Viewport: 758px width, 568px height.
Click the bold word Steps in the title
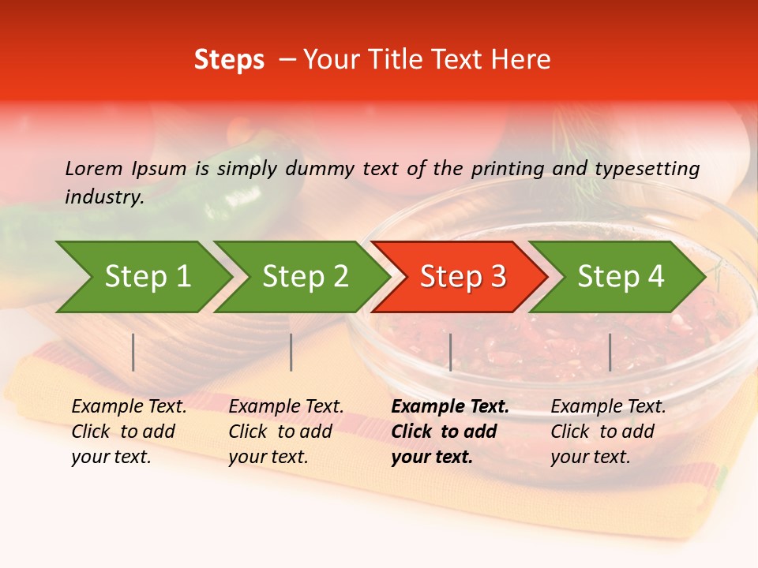tap(229, 60)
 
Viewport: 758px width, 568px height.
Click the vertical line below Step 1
tap(133, 352)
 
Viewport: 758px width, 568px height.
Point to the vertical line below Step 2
tap(291, 352)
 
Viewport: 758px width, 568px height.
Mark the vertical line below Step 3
tap(450, 352)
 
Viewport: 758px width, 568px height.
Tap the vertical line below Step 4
tap(610, 352)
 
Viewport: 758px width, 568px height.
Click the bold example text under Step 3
tap(448, 432)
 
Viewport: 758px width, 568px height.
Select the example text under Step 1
tap(128, 432)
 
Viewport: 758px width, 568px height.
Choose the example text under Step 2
tap(285, 432)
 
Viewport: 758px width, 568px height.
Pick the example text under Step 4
tap(607, 432)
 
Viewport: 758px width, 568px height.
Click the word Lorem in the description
tap(94, 168)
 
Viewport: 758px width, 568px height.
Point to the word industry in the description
tap(103, 196)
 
